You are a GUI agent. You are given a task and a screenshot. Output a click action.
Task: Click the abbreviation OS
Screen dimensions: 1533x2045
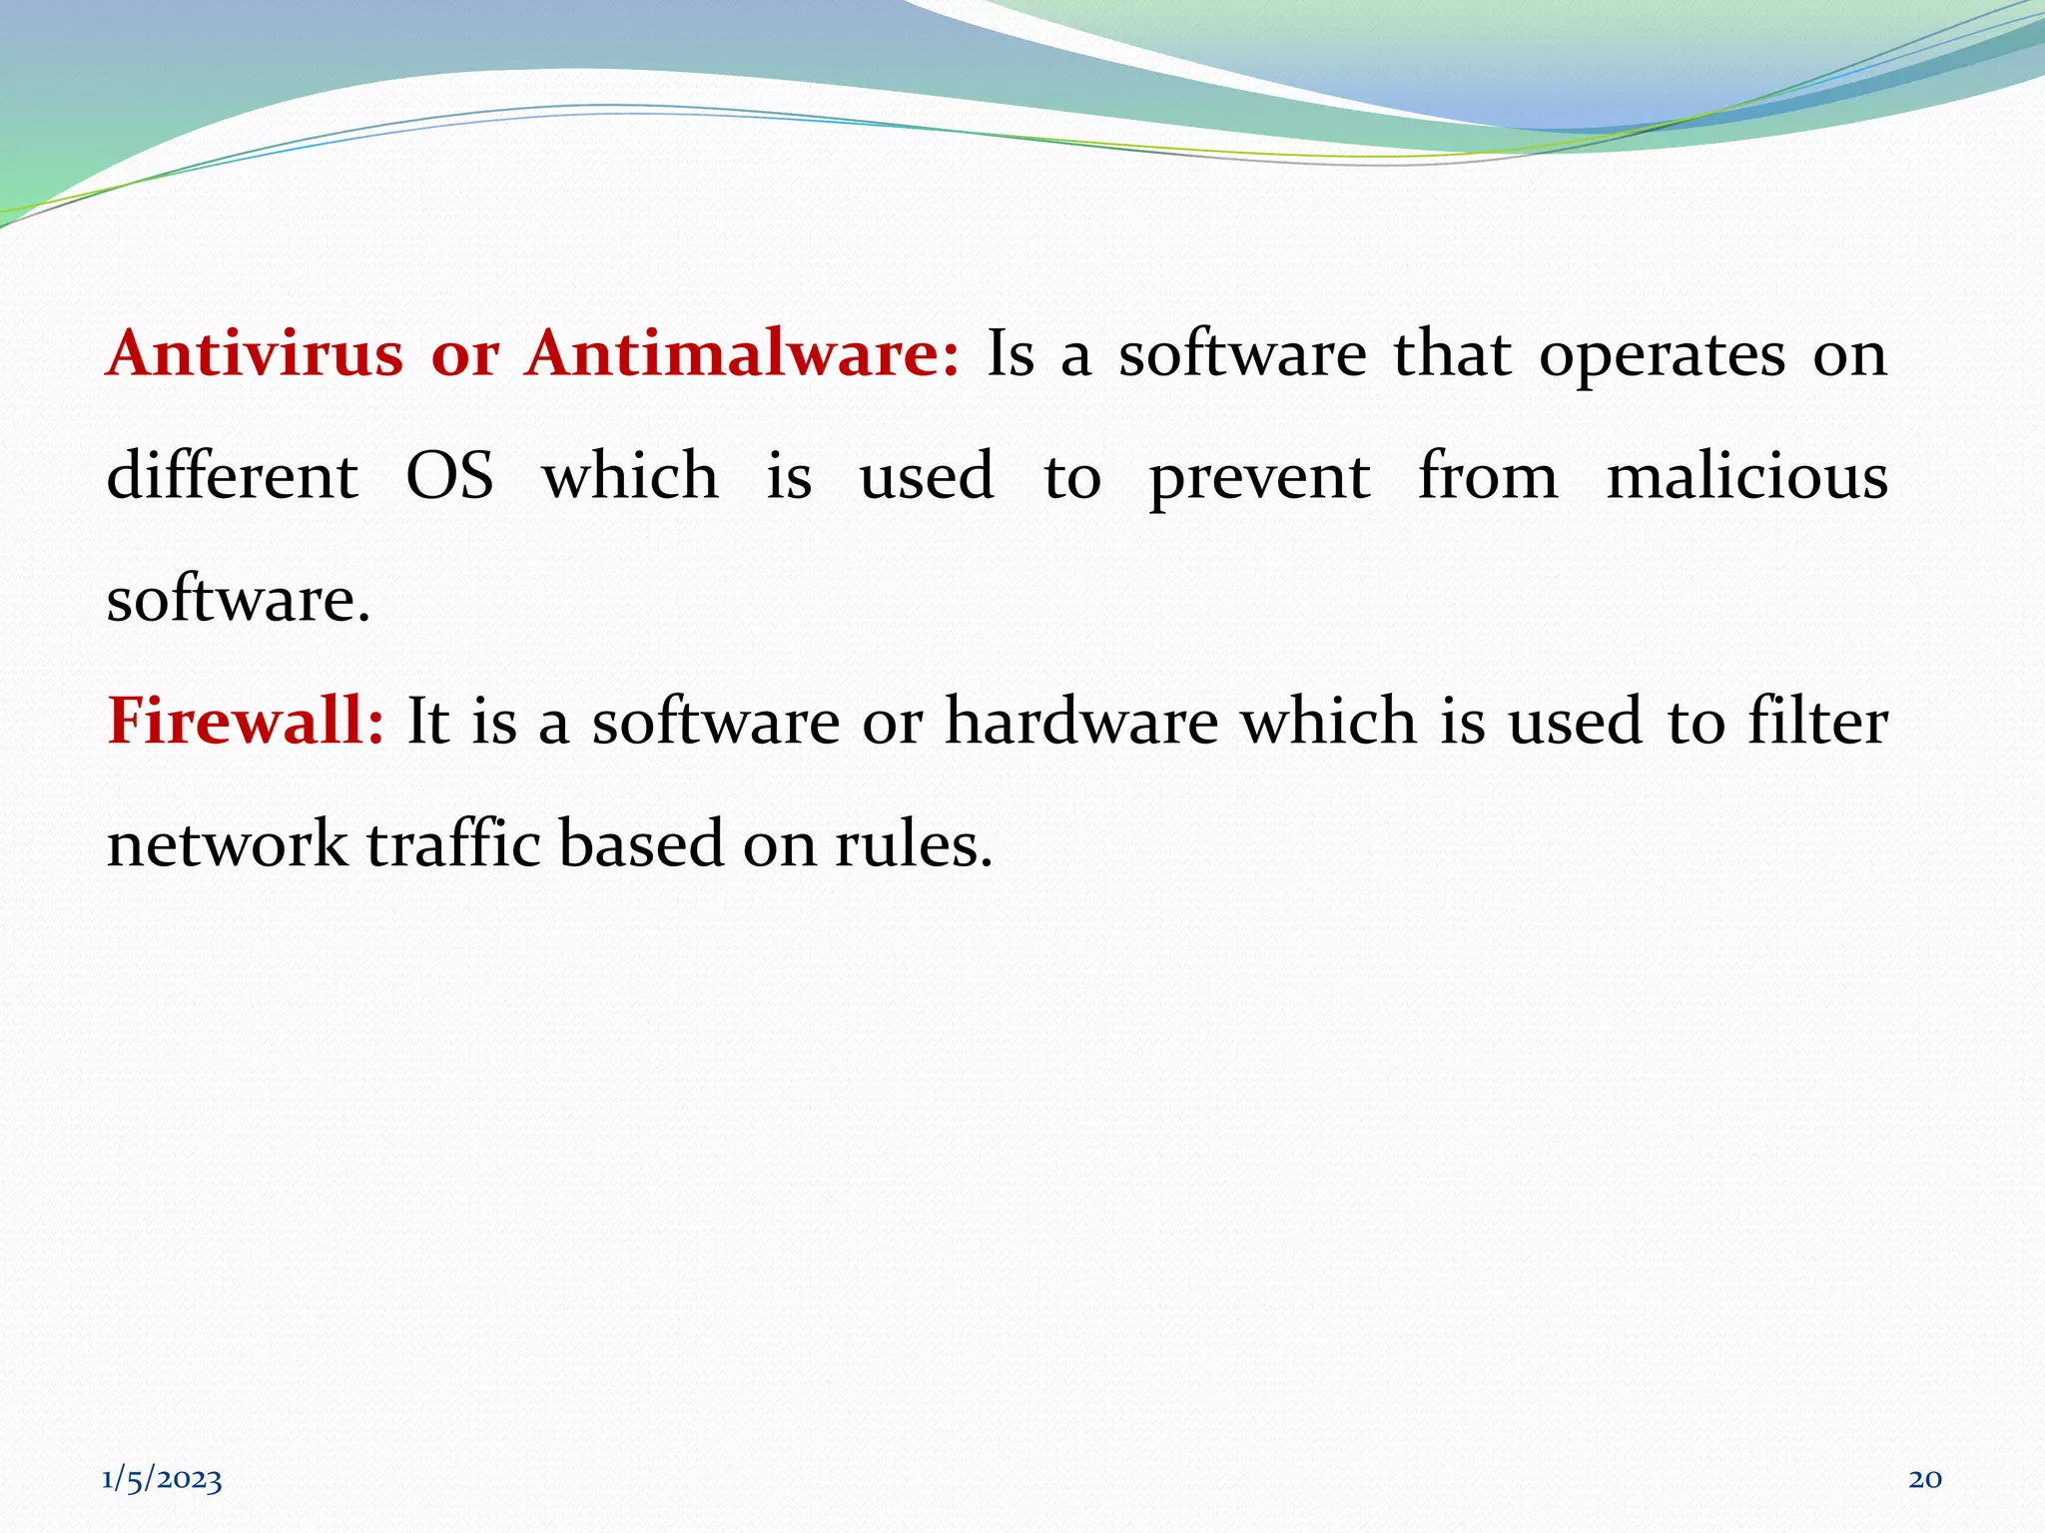(x=449, y=476)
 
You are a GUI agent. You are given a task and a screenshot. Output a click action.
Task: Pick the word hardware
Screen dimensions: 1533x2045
(x=1081, y=721)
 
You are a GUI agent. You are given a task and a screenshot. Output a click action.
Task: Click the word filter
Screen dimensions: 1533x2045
(x=1817, y=721)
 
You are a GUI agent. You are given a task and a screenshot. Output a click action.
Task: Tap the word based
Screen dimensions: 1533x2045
(x=640, y=843)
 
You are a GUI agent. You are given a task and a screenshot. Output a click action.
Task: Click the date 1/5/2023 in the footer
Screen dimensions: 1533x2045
(x=162, y=1479)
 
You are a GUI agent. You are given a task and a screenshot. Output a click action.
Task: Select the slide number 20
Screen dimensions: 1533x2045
(x=1924, y=1479)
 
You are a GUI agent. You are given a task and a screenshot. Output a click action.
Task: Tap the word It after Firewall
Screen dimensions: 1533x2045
(x=427, y=721)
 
